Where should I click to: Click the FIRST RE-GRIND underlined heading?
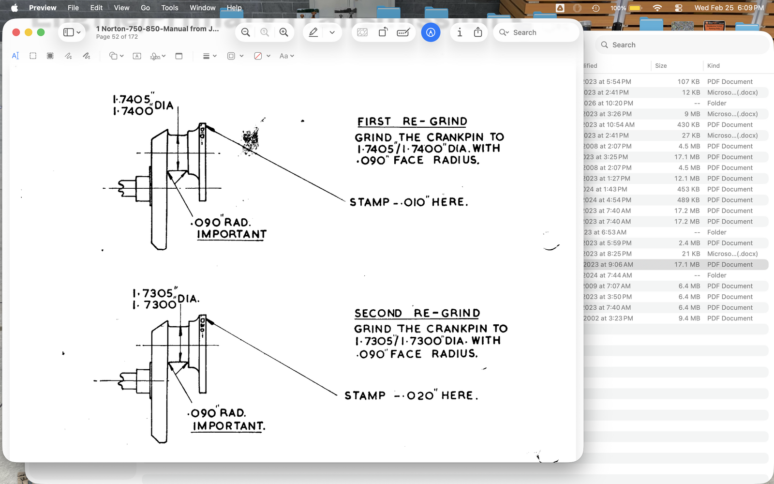click(x=412, y=121)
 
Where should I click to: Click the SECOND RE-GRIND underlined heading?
click(x=417, y=313)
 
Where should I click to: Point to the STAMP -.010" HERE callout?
click(x=409, y=202)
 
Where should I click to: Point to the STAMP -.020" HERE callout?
click(x=411, y=395)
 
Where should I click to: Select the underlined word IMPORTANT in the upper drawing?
click(x=231, y=234)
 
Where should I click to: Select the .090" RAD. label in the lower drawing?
click(x=217, y=413)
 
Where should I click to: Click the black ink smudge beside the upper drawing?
click(x=250, y=140)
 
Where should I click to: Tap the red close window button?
click(x=16, y=32)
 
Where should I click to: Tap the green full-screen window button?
click(x=41, y=32)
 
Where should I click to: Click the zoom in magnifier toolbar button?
click(x=284, y=32)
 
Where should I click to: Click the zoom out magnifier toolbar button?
click(x=246, y=32)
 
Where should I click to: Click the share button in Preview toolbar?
click(x=478, y=32)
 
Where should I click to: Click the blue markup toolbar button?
click(x=431, y=32)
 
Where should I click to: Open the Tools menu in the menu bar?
click(x=169, y=8)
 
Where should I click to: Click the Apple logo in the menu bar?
click(x=15, y=8)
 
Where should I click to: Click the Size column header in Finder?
click(x=661, y=66)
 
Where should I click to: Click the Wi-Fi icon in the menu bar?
click(x=657, y=8)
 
